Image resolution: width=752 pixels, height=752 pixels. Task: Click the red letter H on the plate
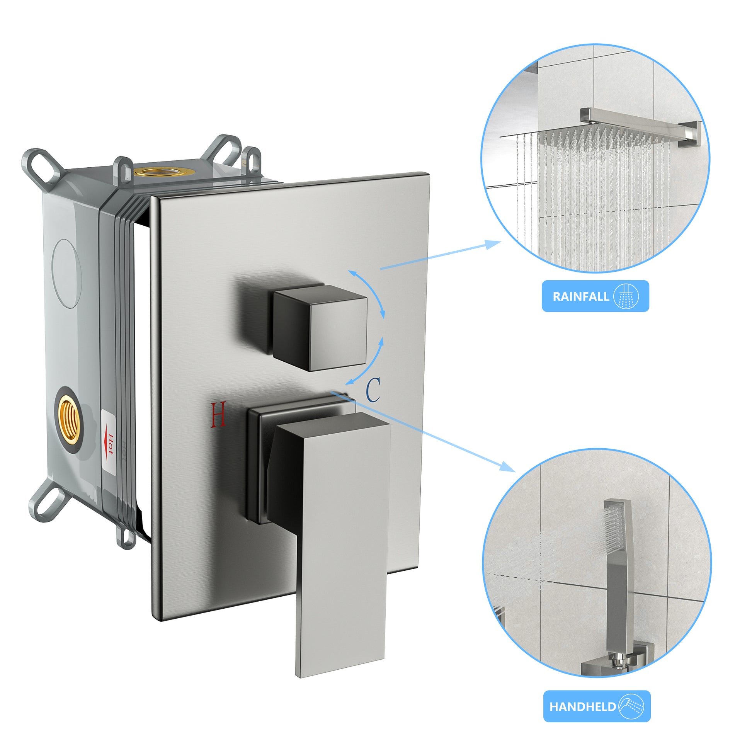click(218, 415)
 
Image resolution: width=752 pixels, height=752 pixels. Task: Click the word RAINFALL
click(581, 297)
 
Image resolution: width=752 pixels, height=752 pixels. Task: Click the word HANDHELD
click(582, 706)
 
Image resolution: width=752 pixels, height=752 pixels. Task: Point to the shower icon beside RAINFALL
click(626, 297)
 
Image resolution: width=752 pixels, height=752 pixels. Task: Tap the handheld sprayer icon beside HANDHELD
click(631, 706)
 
